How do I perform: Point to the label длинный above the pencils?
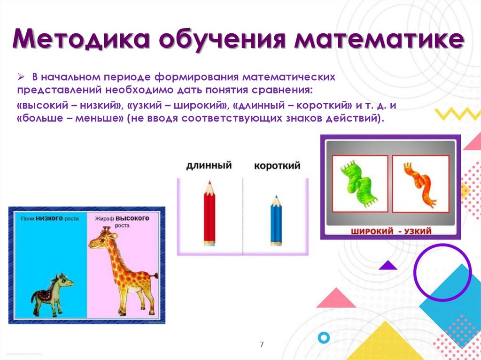(209, 165)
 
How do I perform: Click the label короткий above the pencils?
(277, 166)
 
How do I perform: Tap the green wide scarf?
(360, 183)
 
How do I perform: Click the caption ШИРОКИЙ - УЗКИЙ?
(390, 231)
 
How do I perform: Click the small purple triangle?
(388, 265)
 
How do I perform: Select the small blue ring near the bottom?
(324, 337)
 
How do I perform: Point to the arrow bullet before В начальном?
(21, 77)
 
